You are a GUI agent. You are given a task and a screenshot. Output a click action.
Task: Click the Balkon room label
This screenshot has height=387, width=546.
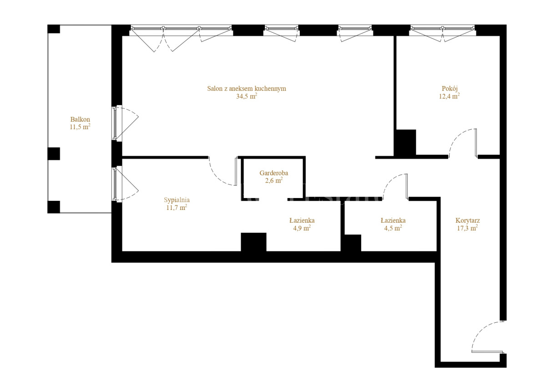click(x=80, y=119)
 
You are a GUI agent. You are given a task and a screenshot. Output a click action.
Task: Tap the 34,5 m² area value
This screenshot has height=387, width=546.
click(x=247, y=96)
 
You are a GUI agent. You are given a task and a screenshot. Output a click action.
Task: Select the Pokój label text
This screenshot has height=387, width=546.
click(x=450, y=88)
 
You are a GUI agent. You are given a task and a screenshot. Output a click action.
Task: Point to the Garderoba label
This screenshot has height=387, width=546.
click(x=274, y=173)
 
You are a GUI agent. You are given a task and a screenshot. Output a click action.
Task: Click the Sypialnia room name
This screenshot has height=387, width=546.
click(x=177, y=200)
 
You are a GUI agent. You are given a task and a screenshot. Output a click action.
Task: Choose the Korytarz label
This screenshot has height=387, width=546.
click(x=468, y=220)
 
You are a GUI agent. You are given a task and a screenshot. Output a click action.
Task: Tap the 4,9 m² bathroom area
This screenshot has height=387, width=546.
click(x=302, y=228)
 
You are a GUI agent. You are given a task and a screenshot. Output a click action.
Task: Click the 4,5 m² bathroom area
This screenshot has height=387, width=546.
click(x=393, y=228)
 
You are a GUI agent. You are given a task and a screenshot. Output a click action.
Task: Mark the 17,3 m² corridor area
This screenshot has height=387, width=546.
click(x=467, y=228)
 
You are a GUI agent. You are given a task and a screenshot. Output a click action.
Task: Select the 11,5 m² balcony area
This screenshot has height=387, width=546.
click(x=80, y=127)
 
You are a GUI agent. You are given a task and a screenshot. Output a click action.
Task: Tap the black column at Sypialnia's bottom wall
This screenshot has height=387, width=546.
click(x=253, y=242)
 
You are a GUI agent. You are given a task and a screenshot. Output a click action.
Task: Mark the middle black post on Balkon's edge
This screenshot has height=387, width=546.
click(x=54, y=153)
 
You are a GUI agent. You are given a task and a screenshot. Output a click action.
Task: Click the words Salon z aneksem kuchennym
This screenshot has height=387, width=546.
click(x=247, y=88)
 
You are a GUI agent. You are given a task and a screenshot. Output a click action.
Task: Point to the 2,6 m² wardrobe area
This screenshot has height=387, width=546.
click(x=274, y=180)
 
